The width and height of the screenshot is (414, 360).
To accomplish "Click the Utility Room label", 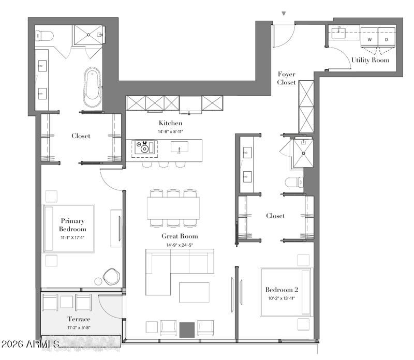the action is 370,60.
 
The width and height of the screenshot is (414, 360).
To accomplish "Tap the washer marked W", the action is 369,37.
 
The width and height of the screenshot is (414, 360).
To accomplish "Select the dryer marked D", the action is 387,37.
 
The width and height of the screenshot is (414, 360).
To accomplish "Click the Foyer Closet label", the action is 287,78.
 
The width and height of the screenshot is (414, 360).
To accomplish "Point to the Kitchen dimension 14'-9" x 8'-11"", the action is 170,131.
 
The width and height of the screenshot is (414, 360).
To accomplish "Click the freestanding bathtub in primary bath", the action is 93,87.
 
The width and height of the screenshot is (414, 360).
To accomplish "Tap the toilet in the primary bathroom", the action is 44,36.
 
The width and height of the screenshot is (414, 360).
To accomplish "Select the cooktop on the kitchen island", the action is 144,147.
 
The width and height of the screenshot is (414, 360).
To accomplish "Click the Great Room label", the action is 180,236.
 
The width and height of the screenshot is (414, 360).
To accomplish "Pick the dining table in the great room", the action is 173,208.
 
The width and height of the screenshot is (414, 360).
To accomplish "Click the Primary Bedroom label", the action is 72,225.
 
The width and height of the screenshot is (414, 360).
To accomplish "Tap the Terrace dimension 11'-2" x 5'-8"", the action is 79,328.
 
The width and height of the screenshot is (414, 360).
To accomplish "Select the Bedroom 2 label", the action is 282,290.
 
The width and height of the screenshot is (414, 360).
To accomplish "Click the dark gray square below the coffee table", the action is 187,329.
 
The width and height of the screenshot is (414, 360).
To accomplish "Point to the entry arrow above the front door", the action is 284,13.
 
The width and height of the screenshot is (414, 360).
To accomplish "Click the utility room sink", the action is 338,33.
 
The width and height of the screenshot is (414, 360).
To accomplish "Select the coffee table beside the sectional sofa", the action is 194,292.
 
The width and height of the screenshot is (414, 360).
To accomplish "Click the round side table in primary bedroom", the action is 98,281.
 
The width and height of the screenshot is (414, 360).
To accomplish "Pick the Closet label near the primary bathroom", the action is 81,136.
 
